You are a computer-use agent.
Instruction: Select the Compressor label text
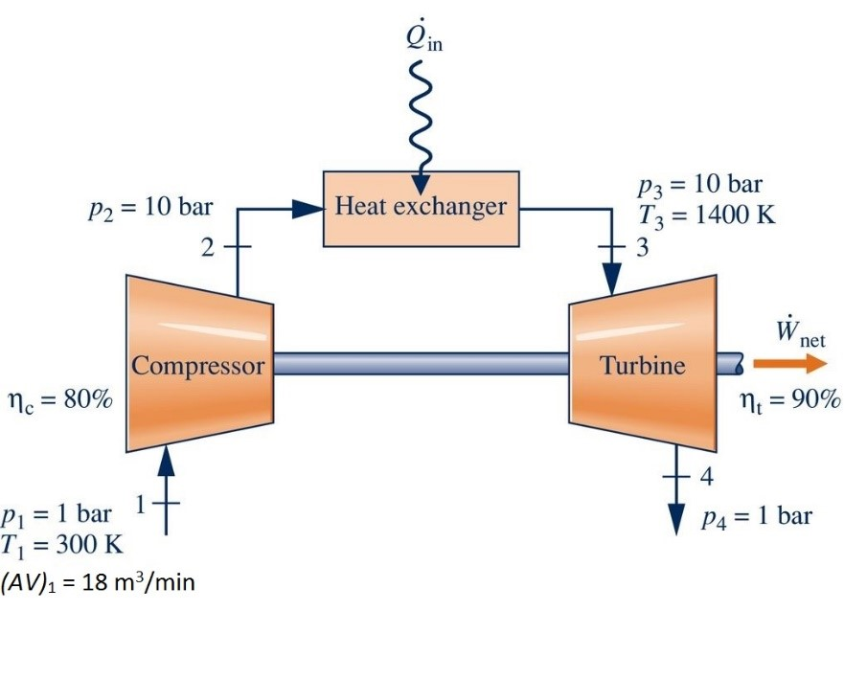coord(197,365)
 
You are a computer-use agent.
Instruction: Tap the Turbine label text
coord(643,365)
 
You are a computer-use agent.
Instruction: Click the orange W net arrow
coord(788,364)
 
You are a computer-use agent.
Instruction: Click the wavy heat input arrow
coord(419,115)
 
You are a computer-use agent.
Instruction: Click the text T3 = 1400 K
coord(706,214)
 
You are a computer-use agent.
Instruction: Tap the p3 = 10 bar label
coord(700,185)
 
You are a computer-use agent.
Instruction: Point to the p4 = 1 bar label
coord(757,518)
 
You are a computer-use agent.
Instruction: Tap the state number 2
coord(209,248)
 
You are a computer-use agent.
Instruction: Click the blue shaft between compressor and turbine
coord(422,364)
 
